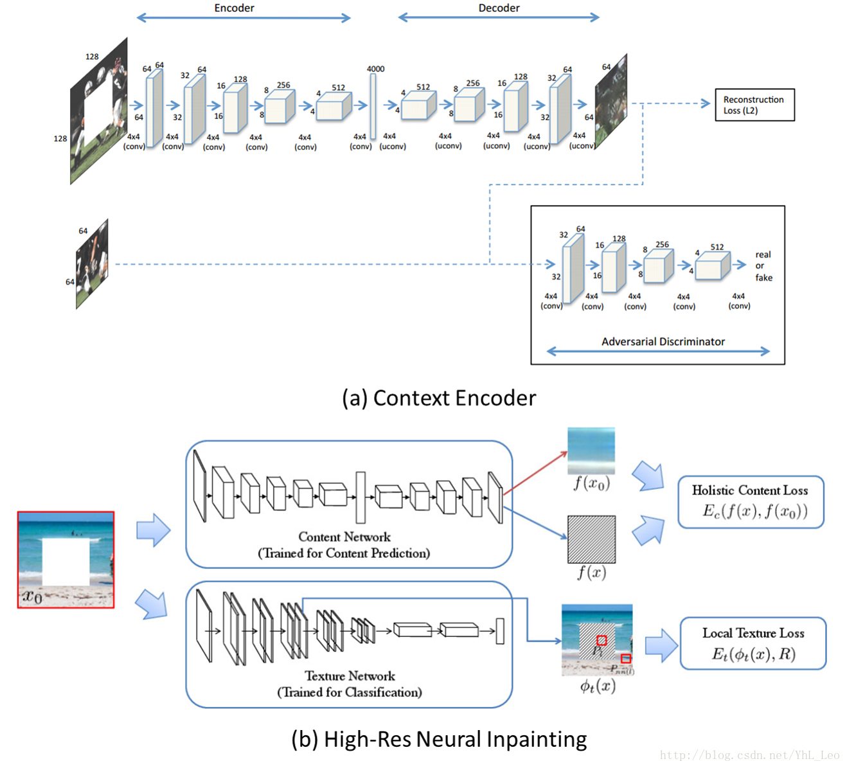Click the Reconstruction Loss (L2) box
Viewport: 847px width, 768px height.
pyautogui.click(x=754, y=105)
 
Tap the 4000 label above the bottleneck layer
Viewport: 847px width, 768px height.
pyautogui.click(x=375, y=69)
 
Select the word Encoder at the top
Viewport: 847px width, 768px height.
pyautogui.click(x=234, y=8)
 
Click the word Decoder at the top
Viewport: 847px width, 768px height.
pyautogui.click(x=499, y=8)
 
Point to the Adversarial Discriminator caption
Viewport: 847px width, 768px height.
pyautogui.click(x=663, y=341)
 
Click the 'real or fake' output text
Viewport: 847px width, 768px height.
pyautogui.click(x=763, y=266)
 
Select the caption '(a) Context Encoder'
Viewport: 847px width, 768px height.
pyautogui.click(x=438, y=398)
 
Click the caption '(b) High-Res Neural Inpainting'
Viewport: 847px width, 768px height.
pyautogui.click(x=438, y=739)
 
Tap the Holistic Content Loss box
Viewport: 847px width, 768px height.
pyautogui.click(x=751, y=502)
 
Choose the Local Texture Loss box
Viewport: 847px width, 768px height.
pyautogui.click(x=753, y=643)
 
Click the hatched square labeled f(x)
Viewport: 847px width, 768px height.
pyautogui.click(x=591, y=539)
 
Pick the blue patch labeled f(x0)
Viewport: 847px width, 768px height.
pyautogui.click(x=591, y=451)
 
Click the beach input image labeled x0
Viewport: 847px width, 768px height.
pyautogui.click(x=66, y=559)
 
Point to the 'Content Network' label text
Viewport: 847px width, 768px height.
pyautogui.click(x=344, y=537)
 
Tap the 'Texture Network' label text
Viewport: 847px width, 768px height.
pyautogui.click(x=350, y=676)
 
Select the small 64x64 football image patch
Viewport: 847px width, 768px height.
pyautogui.click(x=92, y=263)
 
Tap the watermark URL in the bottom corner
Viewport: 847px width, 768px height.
pyautogui.click(x=749, y=755)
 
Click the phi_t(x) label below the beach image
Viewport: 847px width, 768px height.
pyautogui.click(x=598, y=686)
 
